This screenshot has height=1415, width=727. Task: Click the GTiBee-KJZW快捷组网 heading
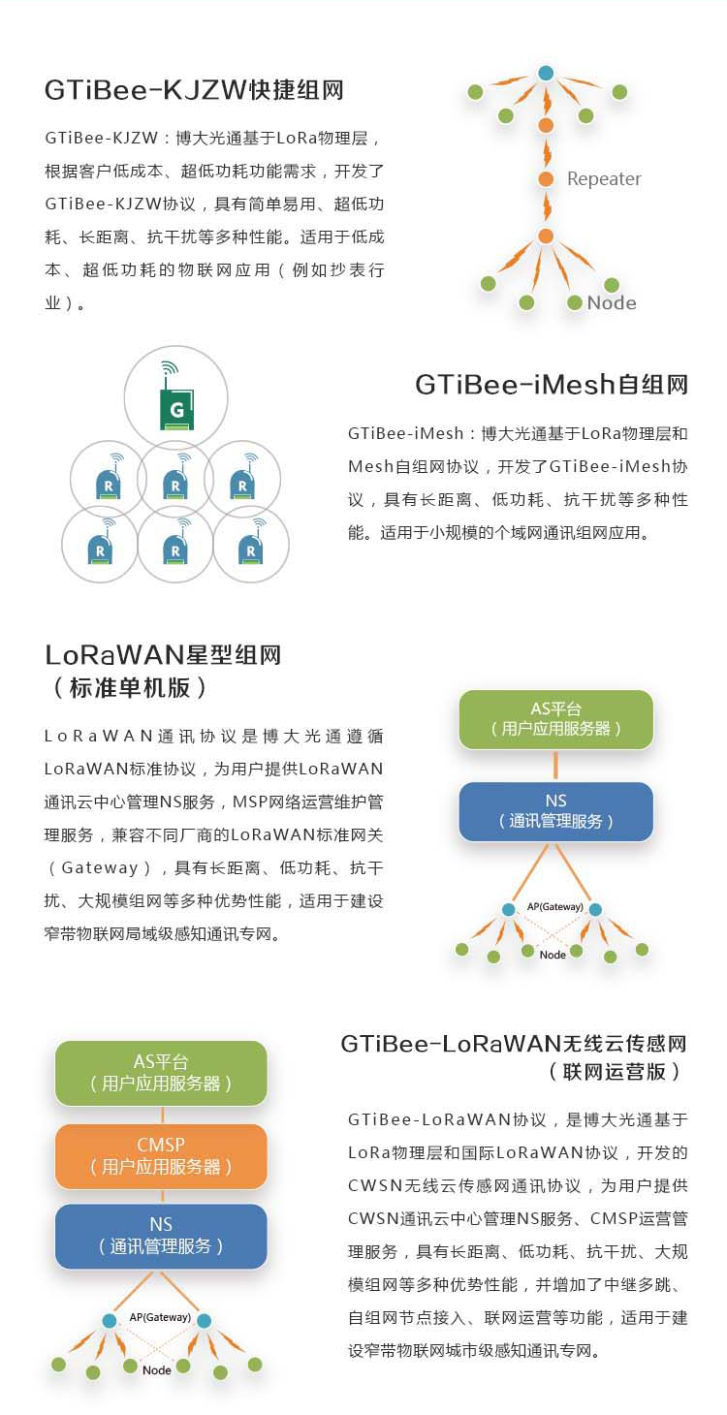[x=194, y=90]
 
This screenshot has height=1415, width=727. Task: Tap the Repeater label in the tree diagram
[x=604, y=178]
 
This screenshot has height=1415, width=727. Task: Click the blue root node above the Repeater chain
[x=547, y=73]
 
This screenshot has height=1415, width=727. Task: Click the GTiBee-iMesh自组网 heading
[x=552, y=384]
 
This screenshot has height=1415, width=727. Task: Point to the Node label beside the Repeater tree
[x=612, y=302]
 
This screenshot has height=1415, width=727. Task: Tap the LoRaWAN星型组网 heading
[x=163, y=654]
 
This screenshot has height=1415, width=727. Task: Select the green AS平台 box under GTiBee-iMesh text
[x=555, y=719]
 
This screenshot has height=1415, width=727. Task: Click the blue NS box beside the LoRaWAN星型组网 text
[x=555, y=812]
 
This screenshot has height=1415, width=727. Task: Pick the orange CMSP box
[x=161, y=1155]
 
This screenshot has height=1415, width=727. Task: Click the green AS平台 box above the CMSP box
[x=161, y=1073]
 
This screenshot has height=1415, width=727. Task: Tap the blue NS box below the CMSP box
[x=161, y=1237]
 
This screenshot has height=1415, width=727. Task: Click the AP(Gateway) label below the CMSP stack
[x=160, y=1317]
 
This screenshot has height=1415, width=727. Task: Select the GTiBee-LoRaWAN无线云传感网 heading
[x=514, y=1044]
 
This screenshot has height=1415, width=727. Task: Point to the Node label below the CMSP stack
[x=157, y=1370]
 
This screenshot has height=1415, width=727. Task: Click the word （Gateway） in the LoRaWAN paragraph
[x=100, y=868]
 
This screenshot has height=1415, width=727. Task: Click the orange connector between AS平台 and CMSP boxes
[x=162, y=1115]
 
